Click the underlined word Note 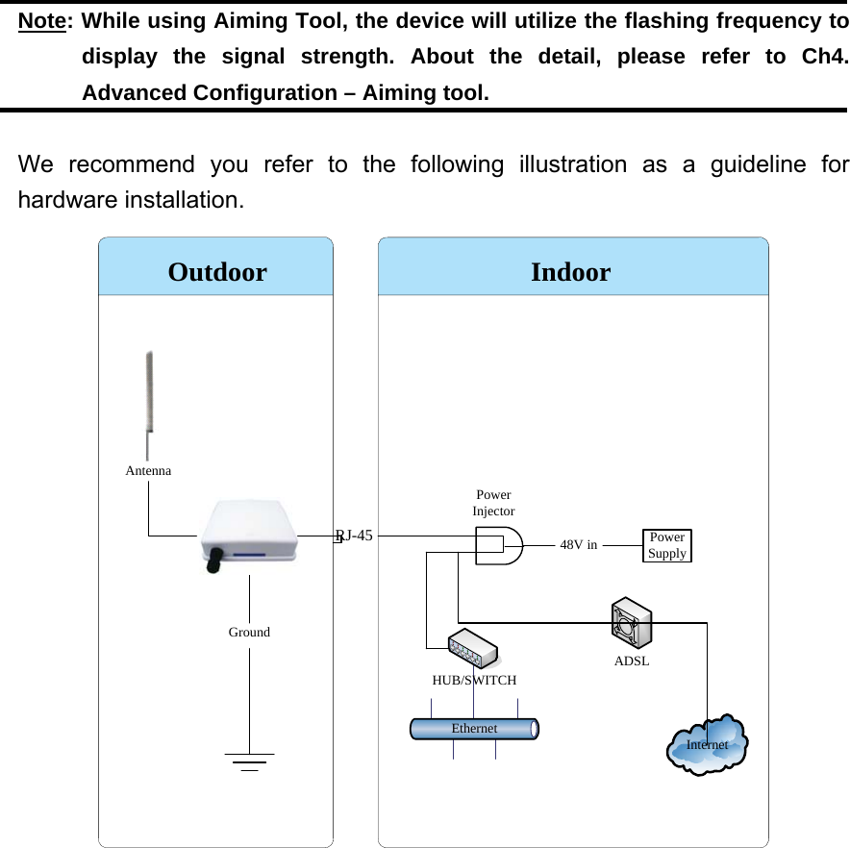coord(42,21)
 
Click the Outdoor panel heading coord(217,272)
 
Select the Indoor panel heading coord(570,272)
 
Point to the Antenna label coord(149,471)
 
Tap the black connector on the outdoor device coord(213,560)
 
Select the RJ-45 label coord(354,536)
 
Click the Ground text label coord(249,632)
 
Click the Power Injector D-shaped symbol coord(499,545)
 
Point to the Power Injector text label coord(493,503)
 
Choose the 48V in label coord(578,544)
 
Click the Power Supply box coord(666,545)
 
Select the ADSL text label coord(632,661)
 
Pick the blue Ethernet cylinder coord(474,728)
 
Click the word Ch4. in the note coord(824,57)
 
